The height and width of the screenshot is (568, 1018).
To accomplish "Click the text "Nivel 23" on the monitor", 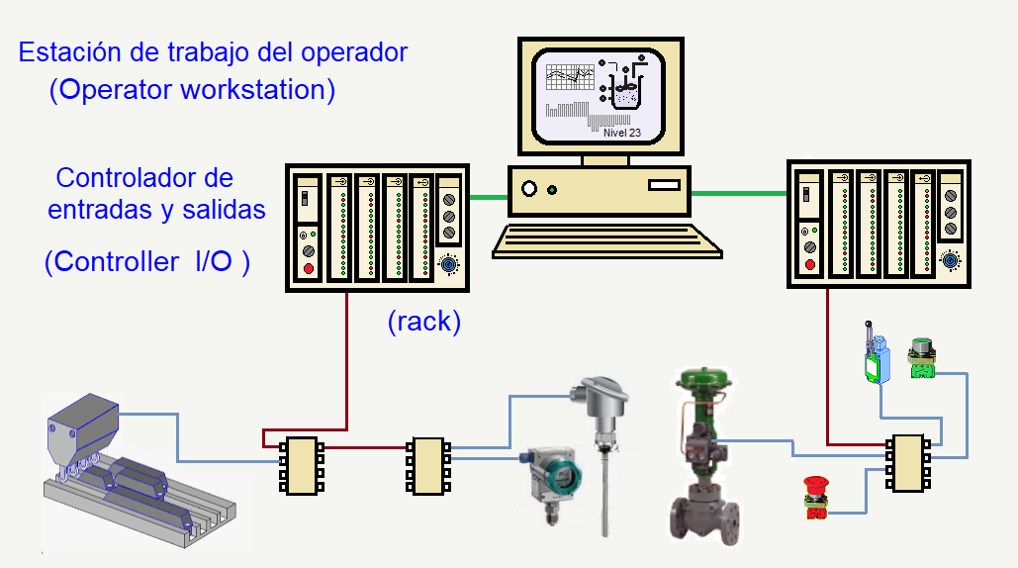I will tap(621, 132).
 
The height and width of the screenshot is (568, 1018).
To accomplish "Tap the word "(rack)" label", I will tap(424, 322).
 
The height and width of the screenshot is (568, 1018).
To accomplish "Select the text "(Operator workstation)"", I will tap(193, 90).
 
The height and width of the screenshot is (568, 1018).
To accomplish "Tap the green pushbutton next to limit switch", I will tap(922, 359).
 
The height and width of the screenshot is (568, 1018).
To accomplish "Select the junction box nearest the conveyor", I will tap(298, 465).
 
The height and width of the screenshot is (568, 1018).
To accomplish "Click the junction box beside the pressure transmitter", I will tap(426, 465).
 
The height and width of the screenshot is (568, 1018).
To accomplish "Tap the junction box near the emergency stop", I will tap(907, 462).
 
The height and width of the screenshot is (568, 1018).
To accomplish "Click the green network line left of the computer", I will tap(490, 197).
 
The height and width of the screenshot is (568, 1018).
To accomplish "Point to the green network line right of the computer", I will tap(738, 194).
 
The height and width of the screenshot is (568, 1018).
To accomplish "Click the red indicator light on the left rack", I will tap(309, 269).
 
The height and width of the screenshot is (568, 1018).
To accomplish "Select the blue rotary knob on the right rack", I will tap(951, 260).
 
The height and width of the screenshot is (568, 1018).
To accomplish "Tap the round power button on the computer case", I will tap(529, 188).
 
